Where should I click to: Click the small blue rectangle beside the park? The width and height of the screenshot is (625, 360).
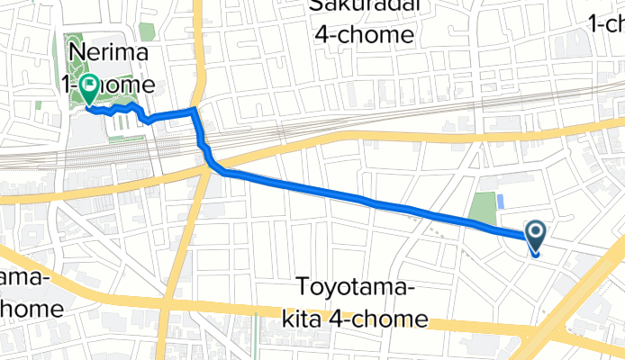(500, 202)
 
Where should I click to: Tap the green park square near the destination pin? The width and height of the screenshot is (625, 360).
(485, 209)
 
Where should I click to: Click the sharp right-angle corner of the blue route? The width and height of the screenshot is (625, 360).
(195, 110)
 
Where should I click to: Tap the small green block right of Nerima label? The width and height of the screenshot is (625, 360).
(146, 32)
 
